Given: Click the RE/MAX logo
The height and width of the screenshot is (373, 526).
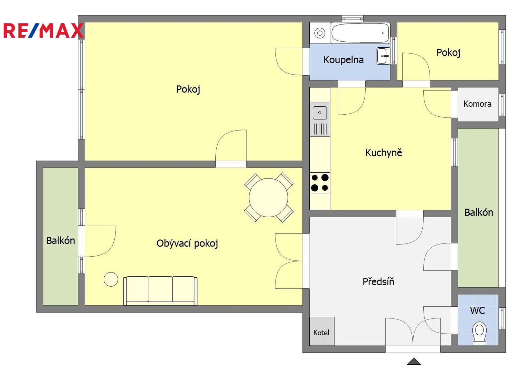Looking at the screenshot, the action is point(44,30).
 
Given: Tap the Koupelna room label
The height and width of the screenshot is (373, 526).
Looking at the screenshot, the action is point(344,60).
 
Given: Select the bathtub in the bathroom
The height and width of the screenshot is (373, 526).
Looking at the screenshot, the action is point(360,33).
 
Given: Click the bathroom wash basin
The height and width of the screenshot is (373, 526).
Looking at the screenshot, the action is point(383,56).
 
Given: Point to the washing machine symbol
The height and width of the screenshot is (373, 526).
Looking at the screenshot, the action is point(320,33).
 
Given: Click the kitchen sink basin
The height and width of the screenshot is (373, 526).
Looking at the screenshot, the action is point(320,113).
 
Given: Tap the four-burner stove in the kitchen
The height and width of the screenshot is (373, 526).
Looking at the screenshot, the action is point(320,183).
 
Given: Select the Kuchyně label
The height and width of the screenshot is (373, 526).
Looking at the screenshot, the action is point(384,153).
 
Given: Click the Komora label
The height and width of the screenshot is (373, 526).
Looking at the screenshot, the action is point(477,104).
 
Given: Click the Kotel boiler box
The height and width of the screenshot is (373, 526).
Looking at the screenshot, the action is point(322,331).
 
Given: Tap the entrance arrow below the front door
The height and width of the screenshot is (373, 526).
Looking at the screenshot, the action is point(414,361).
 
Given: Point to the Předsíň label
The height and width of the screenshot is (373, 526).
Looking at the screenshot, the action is point(378,281).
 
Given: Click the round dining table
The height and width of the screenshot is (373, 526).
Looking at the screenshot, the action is point(269,198).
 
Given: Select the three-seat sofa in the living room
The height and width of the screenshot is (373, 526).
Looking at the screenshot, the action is point(160,291).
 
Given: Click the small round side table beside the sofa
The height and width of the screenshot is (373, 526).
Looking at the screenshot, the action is point(111,279).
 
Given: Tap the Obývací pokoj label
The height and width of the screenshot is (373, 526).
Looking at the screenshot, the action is point(187,243).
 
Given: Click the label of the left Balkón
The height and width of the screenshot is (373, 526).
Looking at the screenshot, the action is point(60,241).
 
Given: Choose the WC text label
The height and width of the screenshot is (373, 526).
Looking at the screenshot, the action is point(477,310).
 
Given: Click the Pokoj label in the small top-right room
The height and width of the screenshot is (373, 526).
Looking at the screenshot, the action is point(448,52).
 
